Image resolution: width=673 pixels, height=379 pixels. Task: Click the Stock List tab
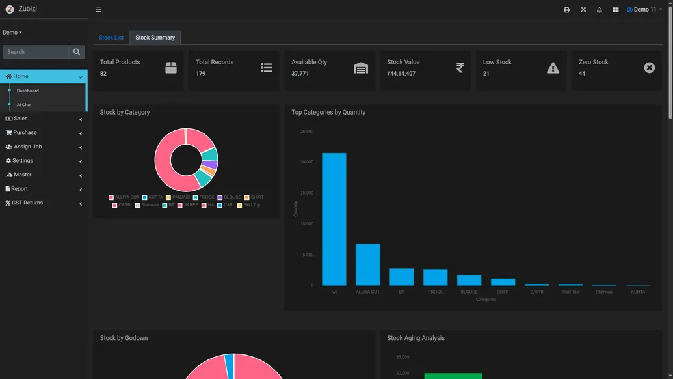click(x=111, y=38)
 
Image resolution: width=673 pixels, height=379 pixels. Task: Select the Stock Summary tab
click(x=155, y=38)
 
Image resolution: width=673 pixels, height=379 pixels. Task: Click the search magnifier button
click(x=77, y=52)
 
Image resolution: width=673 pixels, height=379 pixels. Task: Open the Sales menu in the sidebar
click(x=21, y=119)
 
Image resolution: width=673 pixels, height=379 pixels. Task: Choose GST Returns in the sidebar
click(x=27, y=203)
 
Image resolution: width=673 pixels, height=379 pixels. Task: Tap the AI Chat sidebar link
click(x=24, y=105)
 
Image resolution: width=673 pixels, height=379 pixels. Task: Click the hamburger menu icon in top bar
click(x=98, y=10)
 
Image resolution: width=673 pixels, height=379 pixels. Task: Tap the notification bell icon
click(x=599, y=10)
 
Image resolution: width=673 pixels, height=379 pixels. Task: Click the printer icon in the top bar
click(x=566, y=10)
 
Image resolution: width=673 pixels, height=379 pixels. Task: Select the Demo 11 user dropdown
click(x=644, y=10)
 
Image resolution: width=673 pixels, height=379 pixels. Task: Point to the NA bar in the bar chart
click(x=334, y=219)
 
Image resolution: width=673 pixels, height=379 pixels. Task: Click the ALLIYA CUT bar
click(x=367, y=264)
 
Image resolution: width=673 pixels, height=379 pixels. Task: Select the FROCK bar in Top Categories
click(x=435, y=277)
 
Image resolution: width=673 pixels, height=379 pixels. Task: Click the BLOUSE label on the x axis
click(x=469, y=292)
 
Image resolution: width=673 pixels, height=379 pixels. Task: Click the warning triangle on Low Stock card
click(x=553, y=68)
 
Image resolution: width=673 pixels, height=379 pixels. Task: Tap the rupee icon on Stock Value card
click(x=460, y=68)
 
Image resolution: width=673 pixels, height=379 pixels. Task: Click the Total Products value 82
click(x=103, y=74)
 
